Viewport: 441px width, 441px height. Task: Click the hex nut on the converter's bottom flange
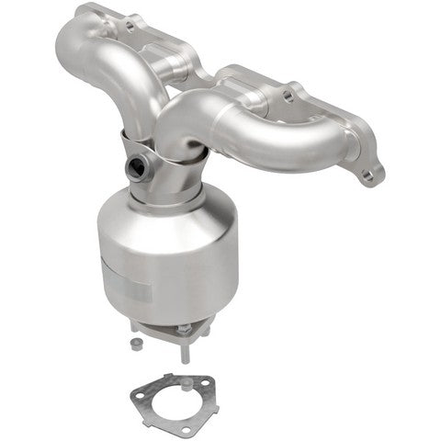[184, 328]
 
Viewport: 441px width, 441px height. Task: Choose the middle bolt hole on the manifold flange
[290, 92]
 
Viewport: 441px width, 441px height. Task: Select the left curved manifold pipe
[101, 64]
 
